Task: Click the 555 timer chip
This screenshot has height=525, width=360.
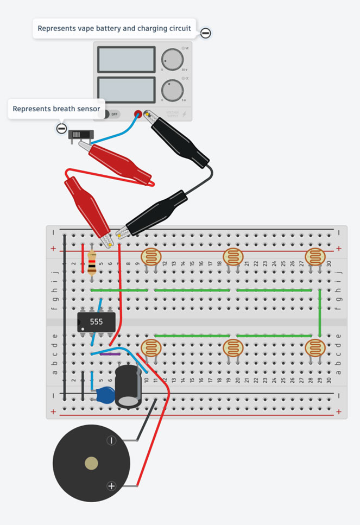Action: [x=97, y=321]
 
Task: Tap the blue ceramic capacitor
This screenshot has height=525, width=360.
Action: [x=105, y=395]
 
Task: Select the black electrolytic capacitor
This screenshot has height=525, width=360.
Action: [x=128, y=386]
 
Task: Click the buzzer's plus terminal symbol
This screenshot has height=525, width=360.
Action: [x=111, y=486]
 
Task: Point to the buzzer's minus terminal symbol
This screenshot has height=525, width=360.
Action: [x=111, y=440]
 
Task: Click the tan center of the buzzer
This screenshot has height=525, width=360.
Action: [x=91, y=463]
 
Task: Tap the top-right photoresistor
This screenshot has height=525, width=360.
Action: [x=314, y=257]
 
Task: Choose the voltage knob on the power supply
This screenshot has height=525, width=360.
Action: [x=172, y=59]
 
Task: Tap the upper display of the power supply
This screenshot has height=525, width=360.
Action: [x=126, y=59]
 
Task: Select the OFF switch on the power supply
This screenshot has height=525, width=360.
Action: [x=112, y=115]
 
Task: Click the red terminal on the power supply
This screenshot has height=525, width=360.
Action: [x=138, y=115]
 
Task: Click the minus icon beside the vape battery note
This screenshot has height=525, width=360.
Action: [x=205, y=33]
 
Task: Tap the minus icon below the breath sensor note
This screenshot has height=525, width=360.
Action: [x=62, y=129]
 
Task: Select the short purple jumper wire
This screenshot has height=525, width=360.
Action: [x=111, y=353]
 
